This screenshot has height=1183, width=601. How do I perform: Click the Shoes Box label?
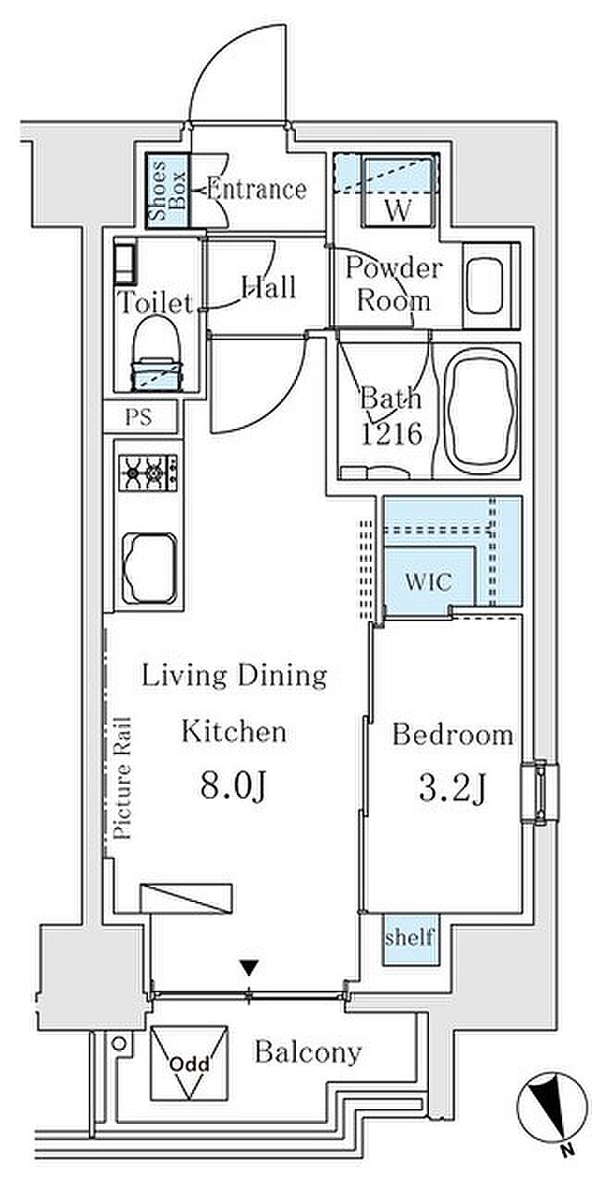166,190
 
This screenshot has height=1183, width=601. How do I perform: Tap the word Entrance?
256,189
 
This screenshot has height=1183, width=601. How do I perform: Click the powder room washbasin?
484,286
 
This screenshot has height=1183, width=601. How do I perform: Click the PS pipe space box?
140,417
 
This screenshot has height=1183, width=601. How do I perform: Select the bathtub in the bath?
480,411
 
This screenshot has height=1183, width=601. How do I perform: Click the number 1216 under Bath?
392,433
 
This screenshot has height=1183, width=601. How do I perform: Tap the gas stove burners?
149,471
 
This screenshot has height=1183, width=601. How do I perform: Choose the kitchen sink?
150,567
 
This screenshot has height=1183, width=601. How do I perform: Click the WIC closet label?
428,582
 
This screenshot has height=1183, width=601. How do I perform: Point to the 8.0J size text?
232,787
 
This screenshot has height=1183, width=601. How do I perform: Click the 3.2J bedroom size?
451,789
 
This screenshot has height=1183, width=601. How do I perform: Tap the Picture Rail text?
123,778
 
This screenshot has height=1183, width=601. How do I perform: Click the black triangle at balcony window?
250,967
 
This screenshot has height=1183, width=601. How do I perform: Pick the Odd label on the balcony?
189,1064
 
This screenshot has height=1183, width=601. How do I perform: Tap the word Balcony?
308,1053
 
